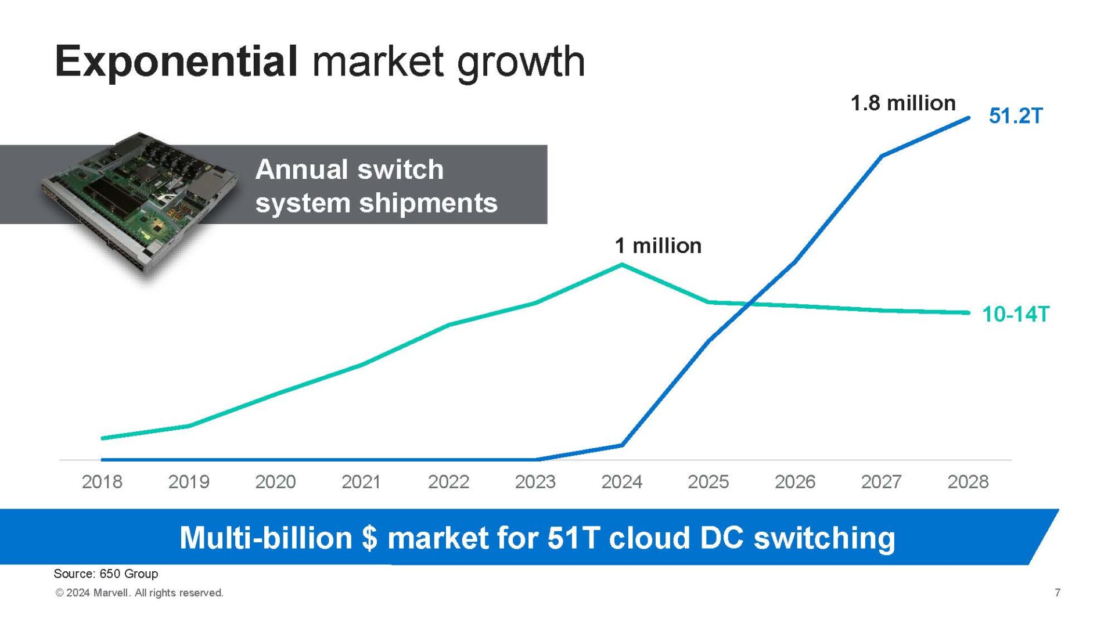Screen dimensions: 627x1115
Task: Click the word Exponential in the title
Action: [176, 62]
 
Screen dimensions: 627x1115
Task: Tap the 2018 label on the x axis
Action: [102, 482]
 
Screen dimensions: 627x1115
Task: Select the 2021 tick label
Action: [361, 482]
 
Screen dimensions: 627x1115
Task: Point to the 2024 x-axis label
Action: [621, 482]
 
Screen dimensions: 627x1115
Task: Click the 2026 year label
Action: [794, 482]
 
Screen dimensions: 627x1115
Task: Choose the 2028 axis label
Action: [967, 482]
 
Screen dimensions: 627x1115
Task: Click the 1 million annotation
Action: [658, 246]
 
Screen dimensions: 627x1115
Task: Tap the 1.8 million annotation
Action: [903, 103]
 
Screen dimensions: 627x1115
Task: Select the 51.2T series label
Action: [1016, 116]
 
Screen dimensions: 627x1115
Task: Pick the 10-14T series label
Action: [1015, 314]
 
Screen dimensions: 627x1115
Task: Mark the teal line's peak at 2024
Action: [622, 265]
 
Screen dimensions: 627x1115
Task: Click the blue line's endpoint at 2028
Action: [968, 118]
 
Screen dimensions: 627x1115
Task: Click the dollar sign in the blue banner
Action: [369, 538]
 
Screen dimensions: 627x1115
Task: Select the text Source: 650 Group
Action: [106, 574]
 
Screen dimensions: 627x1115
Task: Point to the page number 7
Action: [1058, 593]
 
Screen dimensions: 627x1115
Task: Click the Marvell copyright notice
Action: [139, 593]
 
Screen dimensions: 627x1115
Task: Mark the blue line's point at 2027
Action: [882, 156]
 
